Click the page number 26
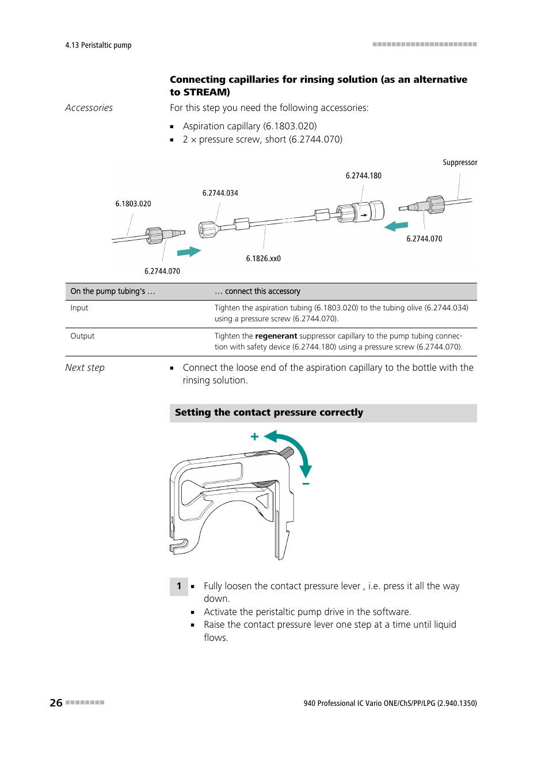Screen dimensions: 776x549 (x=56, y=702)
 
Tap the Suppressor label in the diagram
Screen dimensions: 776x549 (x=460, y=163)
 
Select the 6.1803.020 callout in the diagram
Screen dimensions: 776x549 (x=133, y=204)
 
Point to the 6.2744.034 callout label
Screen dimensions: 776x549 (x=220, y=193)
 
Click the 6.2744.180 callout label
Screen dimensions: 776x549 (x=363, y=176)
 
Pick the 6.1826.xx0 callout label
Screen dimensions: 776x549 (x=263, y=259)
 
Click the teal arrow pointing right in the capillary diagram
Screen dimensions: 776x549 (x=189, y=252)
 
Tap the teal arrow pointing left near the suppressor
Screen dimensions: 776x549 (x=396, y=226)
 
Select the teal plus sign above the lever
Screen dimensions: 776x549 (x=254, y=437)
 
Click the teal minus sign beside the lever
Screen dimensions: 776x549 (x=306, y=484)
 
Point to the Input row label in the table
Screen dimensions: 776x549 (x=79, y=308)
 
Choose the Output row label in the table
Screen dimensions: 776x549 (x=82, y=336)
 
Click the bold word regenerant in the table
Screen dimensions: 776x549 (x=276, y=336)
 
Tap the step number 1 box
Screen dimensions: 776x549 (x=179, y=586)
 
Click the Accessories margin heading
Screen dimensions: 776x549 (x=89, y=108)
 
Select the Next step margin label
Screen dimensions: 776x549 (x=85, y=368)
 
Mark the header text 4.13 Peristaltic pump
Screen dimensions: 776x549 (x=98, y=45)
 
